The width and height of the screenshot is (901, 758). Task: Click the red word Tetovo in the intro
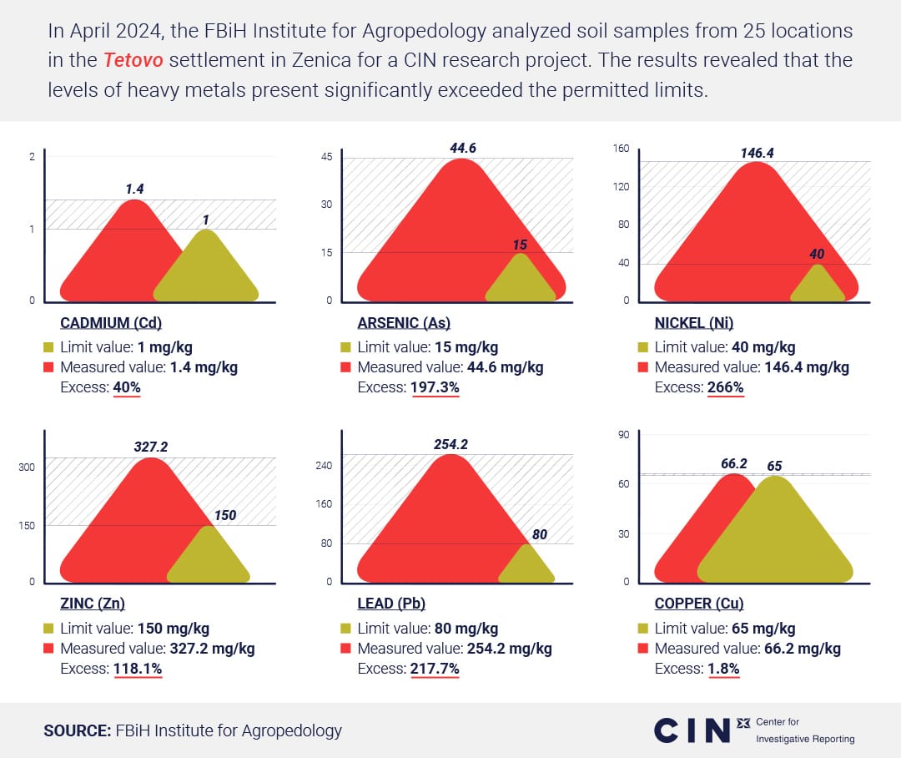coord(133,60)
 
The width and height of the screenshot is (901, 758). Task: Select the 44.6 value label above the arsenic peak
coord(462,149)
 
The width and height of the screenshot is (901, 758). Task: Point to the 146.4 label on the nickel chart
coord(757,153)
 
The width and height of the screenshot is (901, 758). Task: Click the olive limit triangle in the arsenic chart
coord(521,281)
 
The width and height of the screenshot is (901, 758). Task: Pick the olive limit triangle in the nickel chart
coord(818,286)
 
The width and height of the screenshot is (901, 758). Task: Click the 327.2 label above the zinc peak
coord(151,447)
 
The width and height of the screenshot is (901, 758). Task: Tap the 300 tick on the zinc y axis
coord(27,467)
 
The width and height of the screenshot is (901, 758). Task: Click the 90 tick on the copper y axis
coord(623,434)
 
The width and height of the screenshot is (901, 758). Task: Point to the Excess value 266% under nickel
coord(724,387)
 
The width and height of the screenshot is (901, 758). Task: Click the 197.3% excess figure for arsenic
coord(435,387)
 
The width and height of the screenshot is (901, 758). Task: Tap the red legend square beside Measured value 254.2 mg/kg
coord(345,649)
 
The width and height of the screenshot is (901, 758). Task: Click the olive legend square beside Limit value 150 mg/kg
coord(48,629)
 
